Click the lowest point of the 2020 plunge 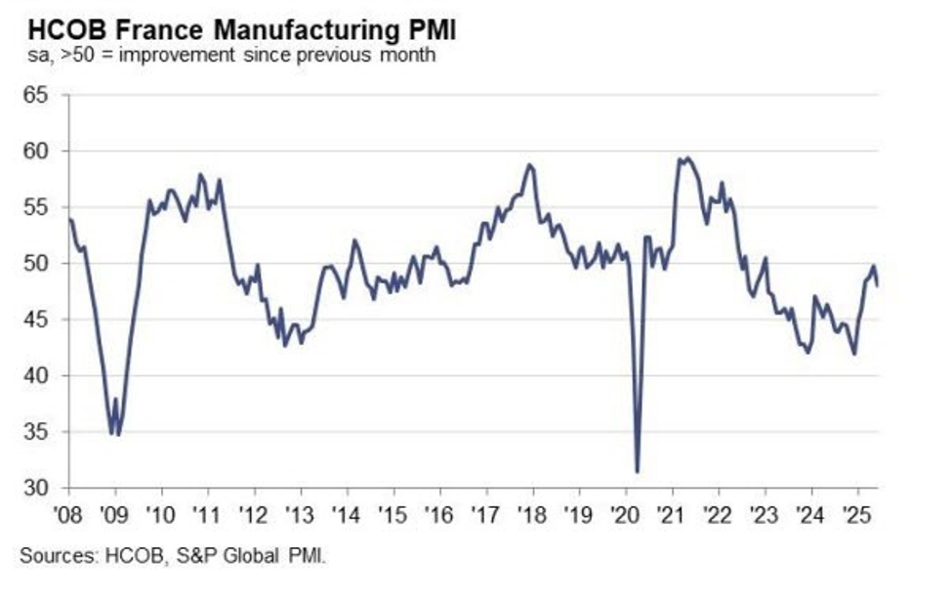tap(638, 472)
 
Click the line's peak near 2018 tap(529, 164)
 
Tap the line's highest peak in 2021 tap(687, 157)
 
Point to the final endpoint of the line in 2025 tap(876, 285)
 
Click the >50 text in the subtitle tap(65, 55)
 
